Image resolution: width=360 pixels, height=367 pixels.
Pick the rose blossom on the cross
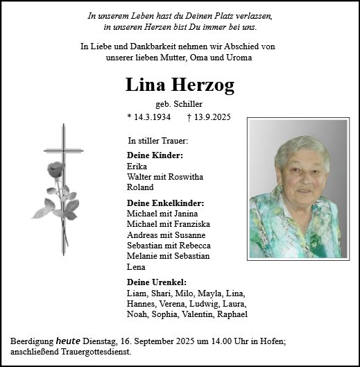(55, 170)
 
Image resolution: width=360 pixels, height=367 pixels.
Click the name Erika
(137, 167)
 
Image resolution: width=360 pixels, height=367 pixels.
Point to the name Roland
(140, 187)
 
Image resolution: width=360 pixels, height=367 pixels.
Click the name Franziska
(191, 224)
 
